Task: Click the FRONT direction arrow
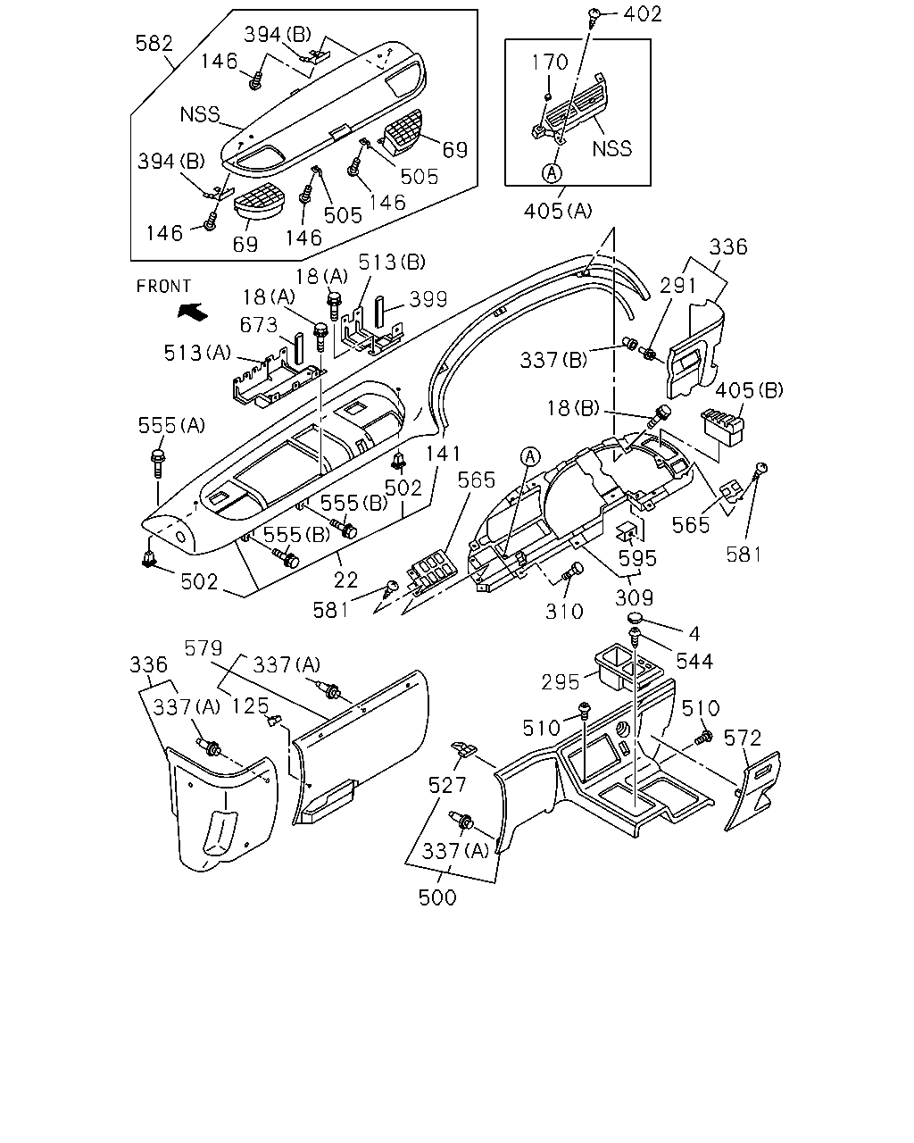click(x=192, y=312)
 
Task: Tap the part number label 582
click(x=154, y=44)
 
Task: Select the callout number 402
click(x=644, y=14)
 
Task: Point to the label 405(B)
click(x=750, y=390)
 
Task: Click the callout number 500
click(x=437, y=897)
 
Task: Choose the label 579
click(x=204, y=648)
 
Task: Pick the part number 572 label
click(x=743, y=738)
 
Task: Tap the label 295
click(x=561, y=682)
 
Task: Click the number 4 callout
click(x=694, y=633)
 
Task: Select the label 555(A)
click(x=171, y=425)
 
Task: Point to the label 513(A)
click(x=197, y=353)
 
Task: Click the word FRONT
click(x=163, y=287)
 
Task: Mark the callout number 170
click(x=550, y=63)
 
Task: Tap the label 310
click(x=564, y=612)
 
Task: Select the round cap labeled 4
click(x=635, y=617)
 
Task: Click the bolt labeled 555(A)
click(x=158, y=463)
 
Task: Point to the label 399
click(x=428, y=299)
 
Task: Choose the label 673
click(x=259, y=325)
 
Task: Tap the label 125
click(x=251, y=706)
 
